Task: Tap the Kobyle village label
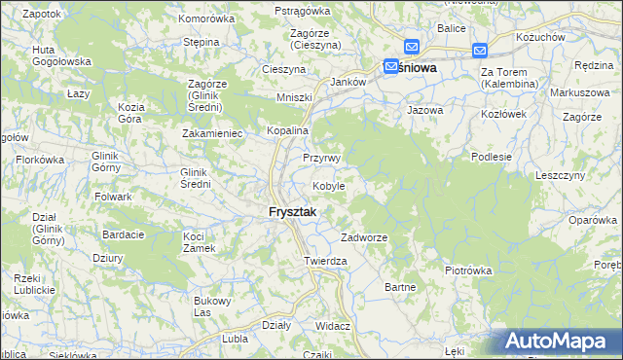[328, 186]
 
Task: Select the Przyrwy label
[321, 159]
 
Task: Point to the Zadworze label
[364, 238]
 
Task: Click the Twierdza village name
[325, 262]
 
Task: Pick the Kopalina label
[288, 130]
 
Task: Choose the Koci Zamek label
[199, 242]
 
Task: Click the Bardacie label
[124, 234]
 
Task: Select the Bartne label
[401, 287]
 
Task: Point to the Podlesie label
[491, 156]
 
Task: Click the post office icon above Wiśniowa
[411, 47]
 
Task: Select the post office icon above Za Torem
[480, 51]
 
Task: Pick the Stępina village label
[201, 43]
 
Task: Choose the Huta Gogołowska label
[61, 55]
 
